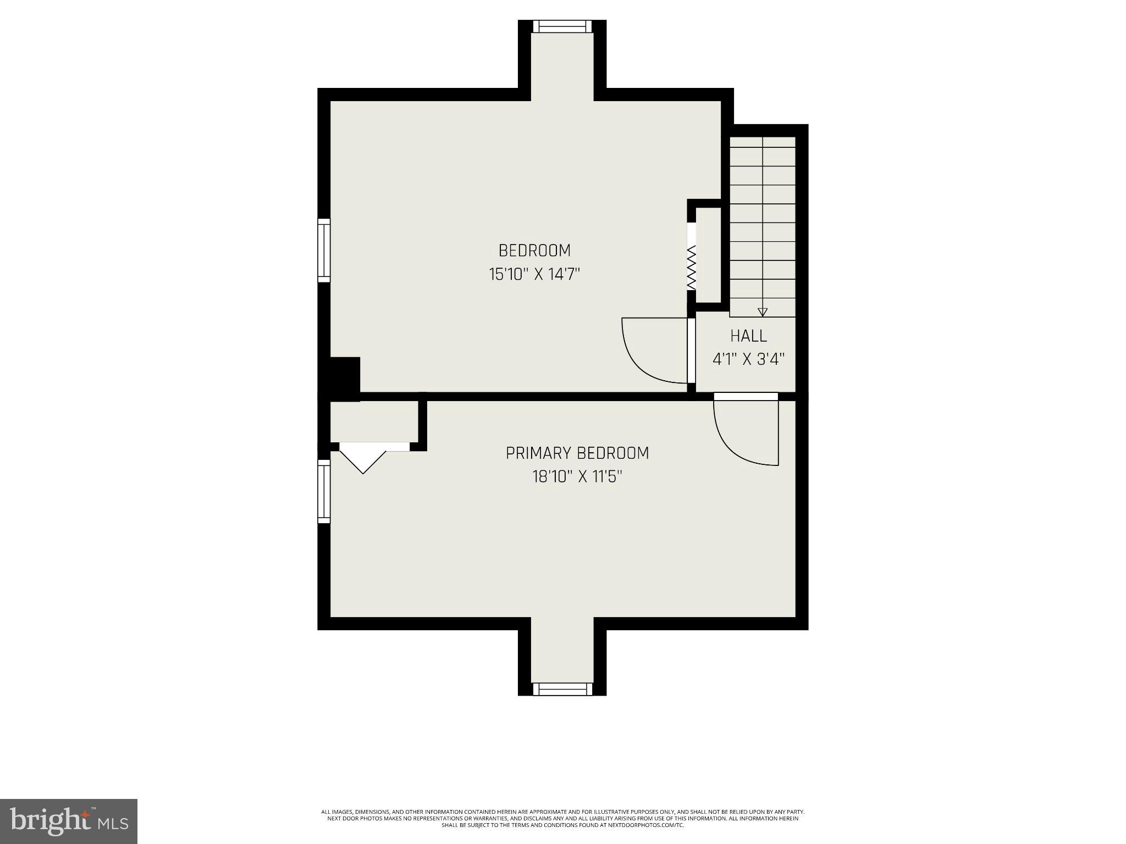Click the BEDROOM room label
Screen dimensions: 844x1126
(534, 251)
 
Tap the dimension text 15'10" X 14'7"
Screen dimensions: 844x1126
(534, 274)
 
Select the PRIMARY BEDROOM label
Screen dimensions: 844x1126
(577, 453)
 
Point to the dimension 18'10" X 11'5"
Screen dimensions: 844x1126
(577, 476)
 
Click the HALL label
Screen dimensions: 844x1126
(748, 336)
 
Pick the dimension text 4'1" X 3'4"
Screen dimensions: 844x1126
(748, 359)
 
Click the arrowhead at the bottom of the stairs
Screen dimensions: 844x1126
(762, 312)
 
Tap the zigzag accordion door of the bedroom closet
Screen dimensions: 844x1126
(692, 268)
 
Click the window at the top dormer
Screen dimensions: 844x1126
(562, 26)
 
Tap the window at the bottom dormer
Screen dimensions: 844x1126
(562, 689)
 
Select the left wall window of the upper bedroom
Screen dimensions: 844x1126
(324, 251)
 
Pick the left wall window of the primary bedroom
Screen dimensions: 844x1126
(324, 491)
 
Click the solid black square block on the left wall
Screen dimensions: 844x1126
(344, 375)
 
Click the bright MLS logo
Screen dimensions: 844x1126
(69, 821)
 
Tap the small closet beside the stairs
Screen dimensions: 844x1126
(708, 255)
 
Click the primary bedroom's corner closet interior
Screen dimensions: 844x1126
(374, 421)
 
